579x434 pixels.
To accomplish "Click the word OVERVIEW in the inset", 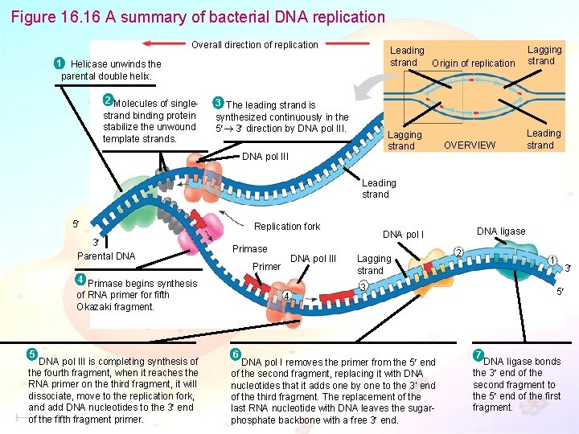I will coord(470,145).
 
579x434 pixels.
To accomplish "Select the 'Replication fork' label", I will coord(286,227).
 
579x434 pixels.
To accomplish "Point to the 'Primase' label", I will coord(249,249).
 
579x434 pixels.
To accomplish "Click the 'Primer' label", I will coord(266,267).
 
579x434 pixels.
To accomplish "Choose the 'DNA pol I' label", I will coord(403,235).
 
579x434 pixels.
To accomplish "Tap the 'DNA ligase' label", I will coord(501,231).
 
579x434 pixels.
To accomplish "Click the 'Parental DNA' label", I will coord(106,256).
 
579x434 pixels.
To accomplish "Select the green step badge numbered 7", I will coord(478,354).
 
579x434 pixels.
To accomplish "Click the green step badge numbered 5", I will coord(31,354).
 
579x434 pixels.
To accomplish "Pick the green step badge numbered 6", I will coord(235,354).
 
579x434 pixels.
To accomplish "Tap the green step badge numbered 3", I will coord(217,102).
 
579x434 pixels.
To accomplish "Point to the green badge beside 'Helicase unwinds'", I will coord(59,63).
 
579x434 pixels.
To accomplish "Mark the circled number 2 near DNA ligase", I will coord(458,252).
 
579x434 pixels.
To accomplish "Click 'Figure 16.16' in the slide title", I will coord(55,17).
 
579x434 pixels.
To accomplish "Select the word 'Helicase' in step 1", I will coord(89,64).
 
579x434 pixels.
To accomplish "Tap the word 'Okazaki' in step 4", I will coord(95,307).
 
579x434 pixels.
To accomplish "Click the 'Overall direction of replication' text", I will coord(255,45).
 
